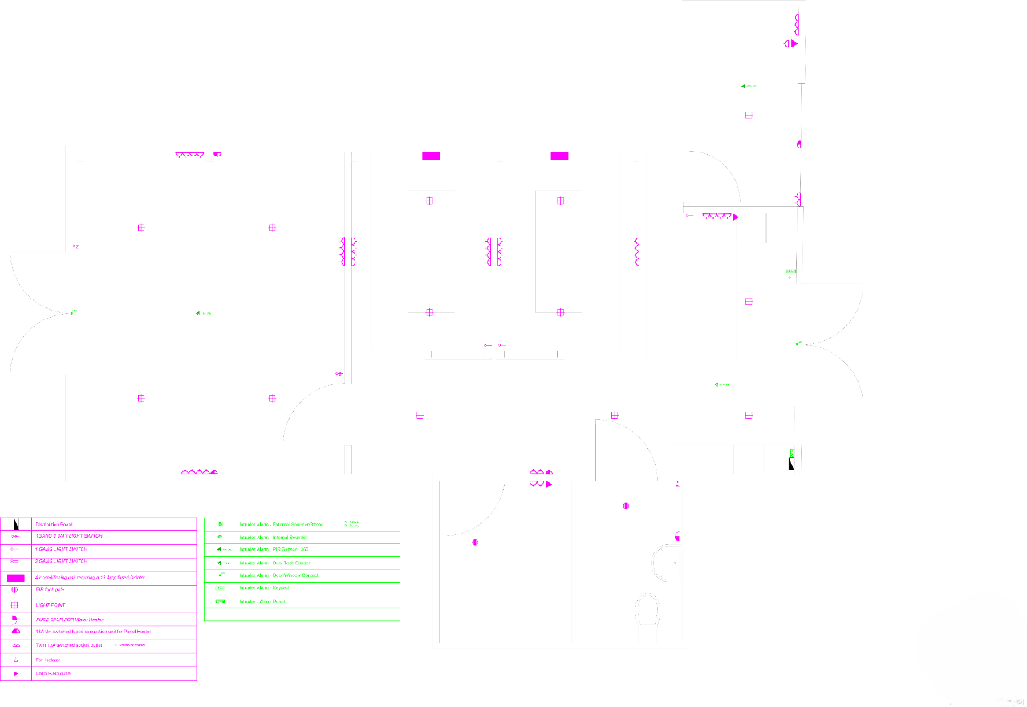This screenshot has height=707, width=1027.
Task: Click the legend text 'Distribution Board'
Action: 55,525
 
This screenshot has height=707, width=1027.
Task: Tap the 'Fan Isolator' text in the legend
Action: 48,660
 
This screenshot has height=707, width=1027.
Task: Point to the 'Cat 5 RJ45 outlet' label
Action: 54,673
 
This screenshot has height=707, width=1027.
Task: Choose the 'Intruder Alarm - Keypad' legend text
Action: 264,588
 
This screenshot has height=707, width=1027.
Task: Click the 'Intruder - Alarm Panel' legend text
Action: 262,601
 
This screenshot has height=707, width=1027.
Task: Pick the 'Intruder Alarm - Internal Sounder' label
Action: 274,537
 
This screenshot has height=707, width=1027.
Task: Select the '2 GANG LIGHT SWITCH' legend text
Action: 62,561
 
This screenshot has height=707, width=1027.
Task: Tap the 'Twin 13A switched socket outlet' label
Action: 69,645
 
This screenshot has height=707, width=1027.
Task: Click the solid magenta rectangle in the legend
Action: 16,578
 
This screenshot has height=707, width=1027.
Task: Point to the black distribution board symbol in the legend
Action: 16,524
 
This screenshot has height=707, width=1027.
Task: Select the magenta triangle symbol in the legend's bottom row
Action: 16,674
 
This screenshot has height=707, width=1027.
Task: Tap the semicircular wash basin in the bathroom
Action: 664,563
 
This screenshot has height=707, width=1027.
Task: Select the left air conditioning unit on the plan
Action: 431,156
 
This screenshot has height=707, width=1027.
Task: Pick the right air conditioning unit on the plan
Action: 559,156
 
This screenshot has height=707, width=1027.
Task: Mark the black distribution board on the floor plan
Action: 792,463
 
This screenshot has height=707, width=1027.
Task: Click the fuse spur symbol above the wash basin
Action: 679,538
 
